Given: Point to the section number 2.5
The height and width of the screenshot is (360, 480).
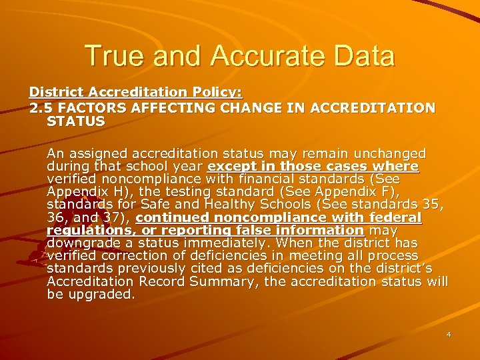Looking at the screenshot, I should (40, 107).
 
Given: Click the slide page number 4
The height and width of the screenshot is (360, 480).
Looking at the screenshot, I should (449, 335).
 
